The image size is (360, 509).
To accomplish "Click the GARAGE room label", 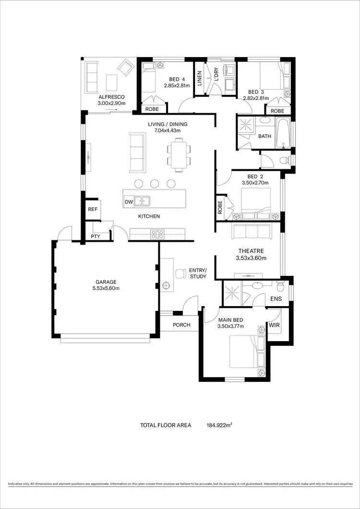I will click(x=107, y=282).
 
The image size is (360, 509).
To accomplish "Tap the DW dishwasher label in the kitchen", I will click(x=129, y=202).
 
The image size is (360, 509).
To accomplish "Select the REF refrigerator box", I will click(x=92, y=209).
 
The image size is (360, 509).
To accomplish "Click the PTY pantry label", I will click(x=96, y=237).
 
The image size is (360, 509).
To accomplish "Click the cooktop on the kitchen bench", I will click(x=157, y=235).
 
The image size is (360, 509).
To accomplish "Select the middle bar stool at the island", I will click(x=155, y=183).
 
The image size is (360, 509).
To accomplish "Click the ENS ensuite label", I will click(x=276, y=299).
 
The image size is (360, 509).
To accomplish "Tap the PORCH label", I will click(x=181, y=325).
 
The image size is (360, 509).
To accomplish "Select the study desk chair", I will click(x=180, y=273).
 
